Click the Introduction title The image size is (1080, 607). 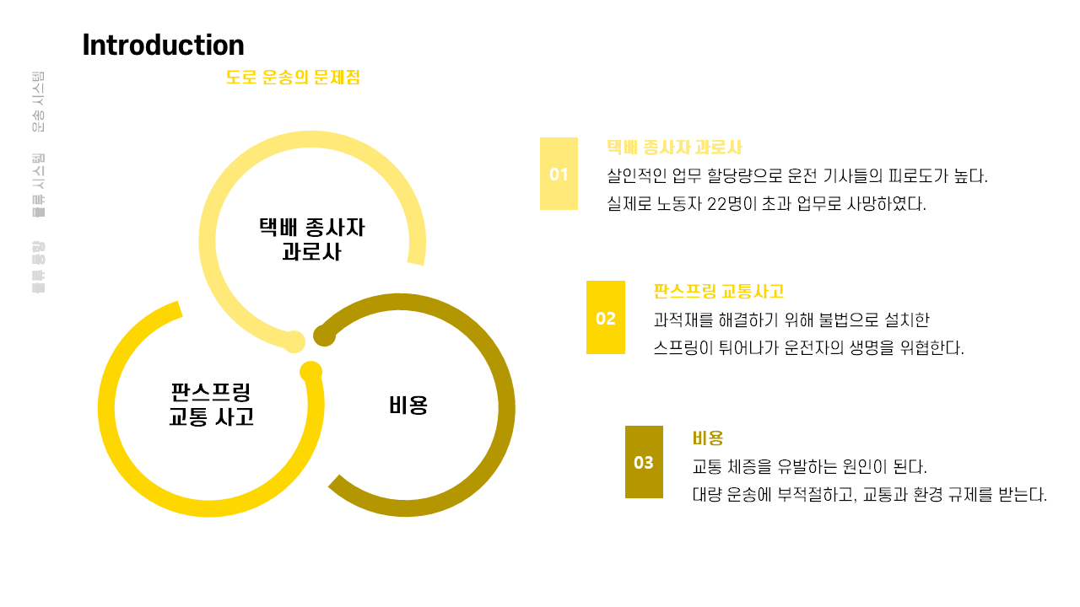(163, 46)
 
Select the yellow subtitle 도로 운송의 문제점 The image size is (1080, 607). (293, 78)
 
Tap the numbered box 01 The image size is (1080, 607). (559, 174)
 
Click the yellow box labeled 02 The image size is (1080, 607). (606, 318)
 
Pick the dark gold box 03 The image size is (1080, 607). (644, 462)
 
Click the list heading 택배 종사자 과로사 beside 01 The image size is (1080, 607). (674, 148)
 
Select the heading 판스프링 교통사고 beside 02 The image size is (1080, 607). (718, 292)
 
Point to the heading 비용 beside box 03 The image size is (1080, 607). (708, 438)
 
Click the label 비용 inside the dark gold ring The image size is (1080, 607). (408, 406)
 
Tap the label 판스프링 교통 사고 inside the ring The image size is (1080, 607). (211, 405)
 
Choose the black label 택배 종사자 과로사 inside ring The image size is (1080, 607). (312, 239)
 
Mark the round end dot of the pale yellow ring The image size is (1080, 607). (294, 341)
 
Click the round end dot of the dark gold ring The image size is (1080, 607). (324, 336)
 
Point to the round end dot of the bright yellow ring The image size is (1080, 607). (310, 372)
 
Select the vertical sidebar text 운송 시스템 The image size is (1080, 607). (38, 102)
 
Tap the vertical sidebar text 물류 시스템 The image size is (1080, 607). (38, 185)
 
